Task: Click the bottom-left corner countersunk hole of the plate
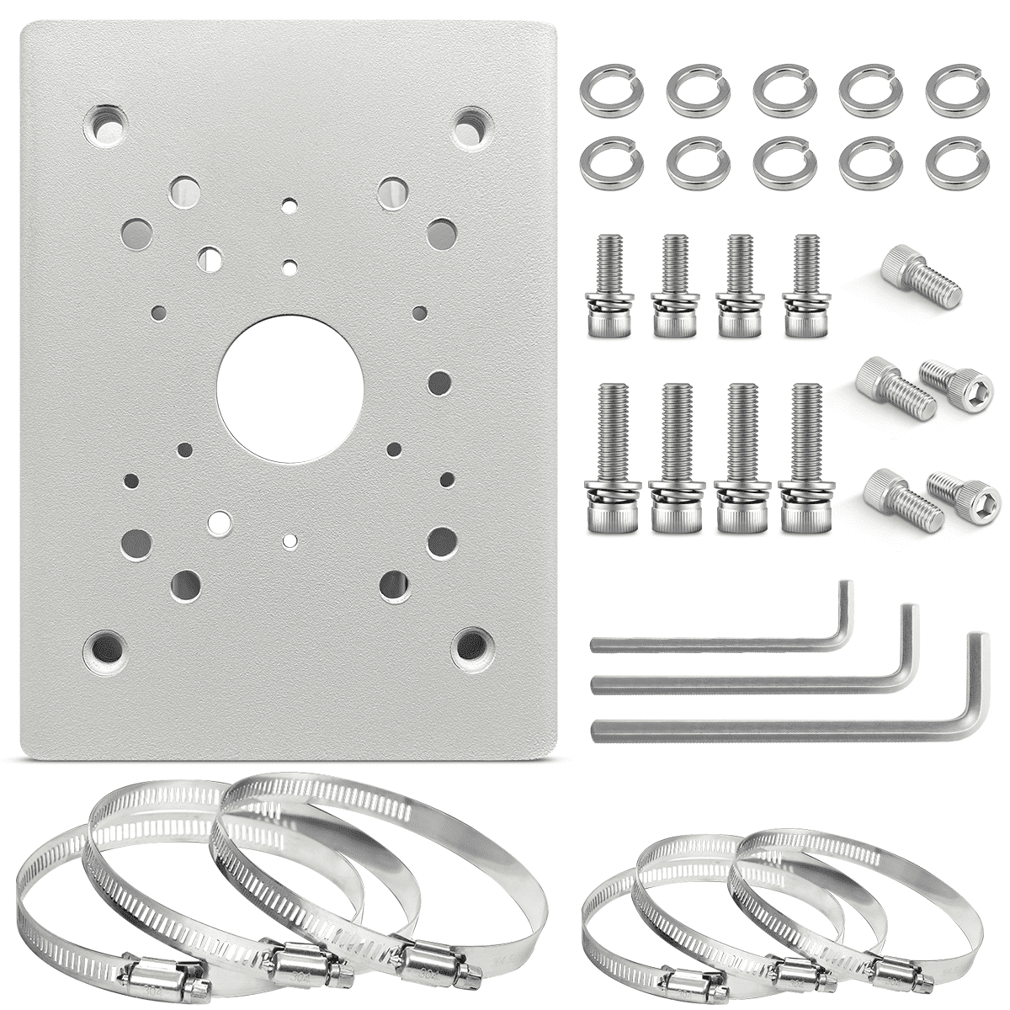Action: click(x=104, y=646)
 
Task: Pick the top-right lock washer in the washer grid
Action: click(x=948, y=91)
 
